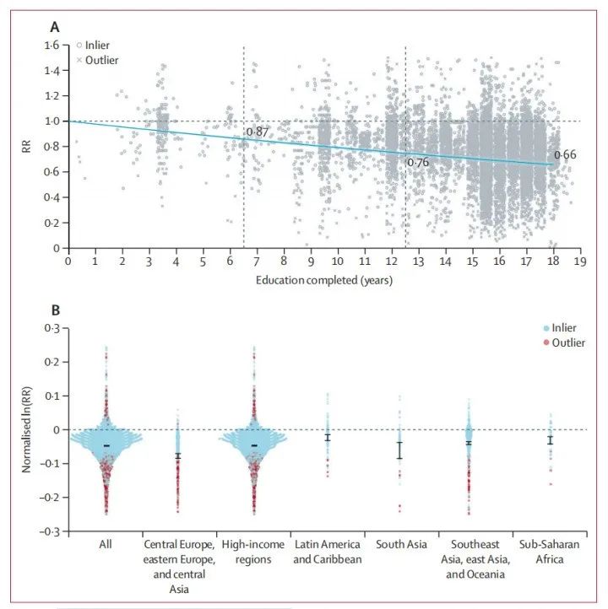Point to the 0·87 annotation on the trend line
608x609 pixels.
coord(257,132)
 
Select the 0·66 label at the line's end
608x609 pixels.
coord(565,155)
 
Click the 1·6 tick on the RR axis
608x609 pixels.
coord(52,45)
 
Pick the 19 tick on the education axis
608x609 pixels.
coord(580,262)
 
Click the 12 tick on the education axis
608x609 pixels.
coord(391,262)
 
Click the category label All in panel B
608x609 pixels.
coord(106,546)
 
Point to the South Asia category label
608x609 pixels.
coord(401,546)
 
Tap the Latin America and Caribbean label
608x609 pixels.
coord(327,552)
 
